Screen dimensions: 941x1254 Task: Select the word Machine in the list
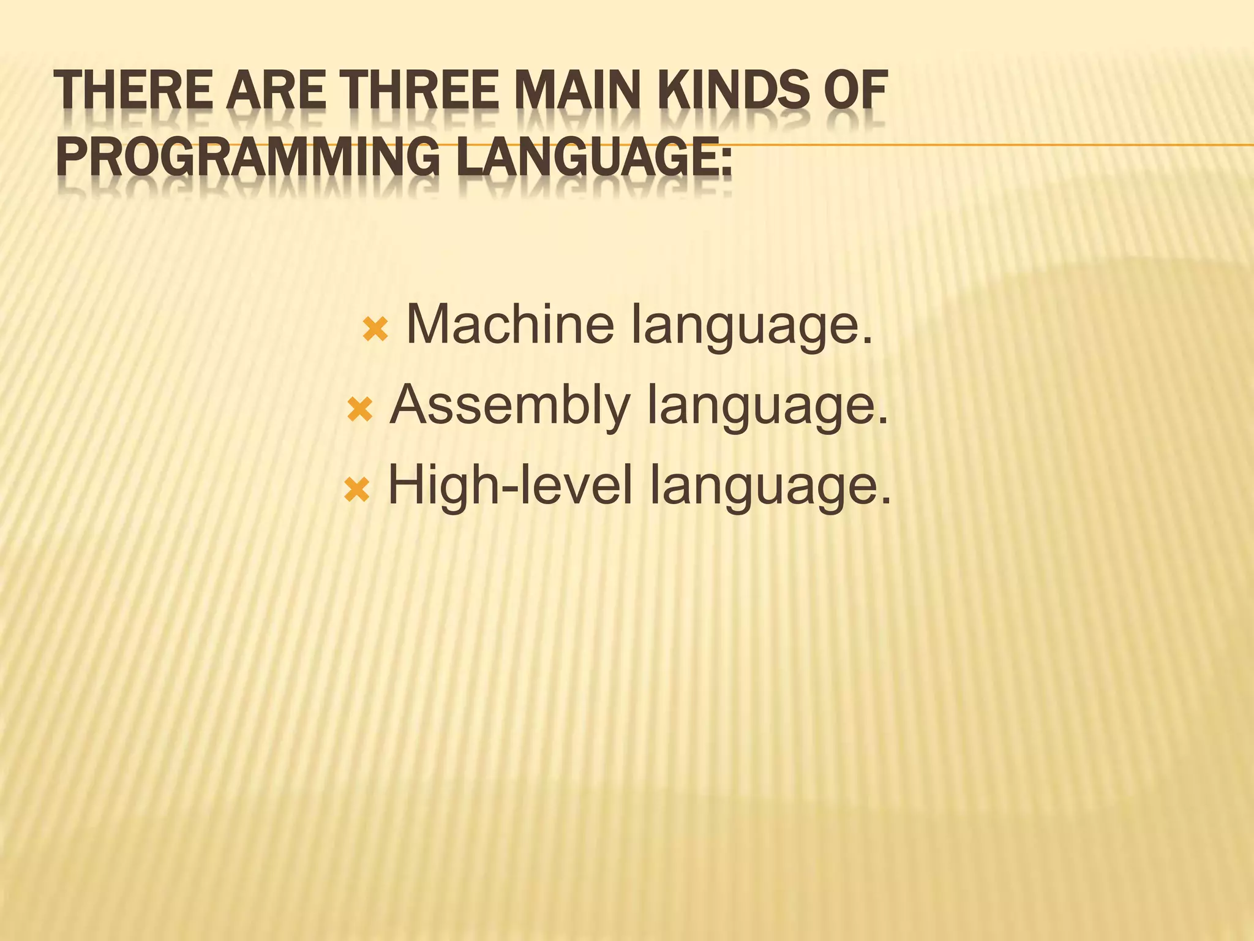click(x=510, y=325)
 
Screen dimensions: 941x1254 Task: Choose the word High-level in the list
click(x=509, y=485)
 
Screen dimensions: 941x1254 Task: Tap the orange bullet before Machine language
click(x=375, y=330)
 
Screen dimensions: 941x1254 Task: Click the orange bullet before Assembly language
click(x=359, y=410)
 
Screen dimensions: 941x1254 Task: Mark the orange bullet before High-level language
click(x=357, y=490)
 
